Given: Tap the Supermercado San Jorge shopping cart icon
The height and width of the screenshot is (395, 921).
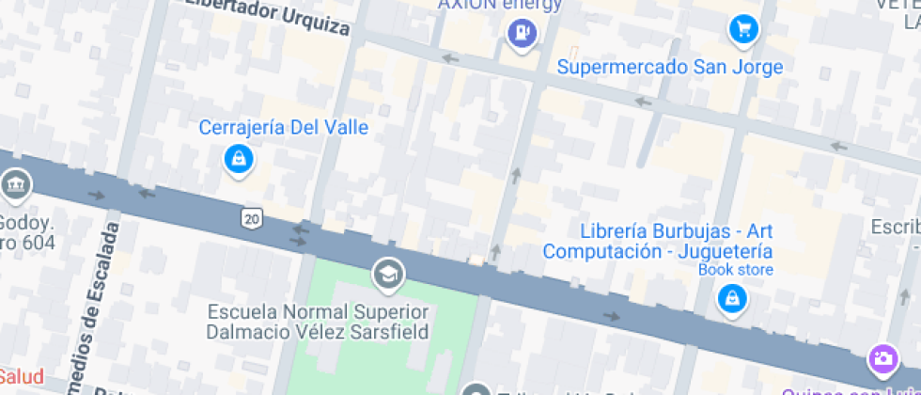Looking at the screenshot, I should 743,29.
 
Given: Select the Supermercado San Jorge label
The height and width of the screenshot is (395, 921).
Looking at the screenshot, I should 669,67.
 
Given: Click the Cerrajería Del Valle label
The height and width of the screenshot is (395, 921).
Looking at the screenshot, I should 283,127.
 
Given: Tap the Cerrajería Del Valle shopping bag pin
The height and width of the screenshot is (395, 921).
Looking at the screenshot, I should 239,158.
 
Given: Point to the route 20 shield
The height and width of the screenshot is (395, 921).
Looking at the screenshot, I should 250,218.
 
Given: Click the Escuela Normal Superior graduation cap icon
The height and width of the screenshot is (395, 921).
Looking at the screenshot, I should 385,275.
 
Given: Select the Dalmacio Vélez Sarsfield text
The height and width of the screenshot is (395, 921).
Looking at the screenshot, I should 318,331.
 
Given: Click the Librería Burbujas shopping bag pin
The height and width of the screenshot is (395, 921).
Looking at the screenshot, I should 730,299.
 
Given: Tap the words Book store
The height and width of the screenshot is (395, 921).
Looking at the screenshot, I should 735,270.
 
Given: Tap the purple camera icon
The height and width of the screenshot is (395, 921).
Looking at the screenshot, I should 882,358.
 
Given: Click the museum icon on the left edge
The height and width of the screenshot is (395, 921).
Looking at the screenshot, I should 15,185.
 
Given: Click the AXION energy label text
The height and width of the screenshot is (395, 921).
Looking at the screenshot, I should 500,5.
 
